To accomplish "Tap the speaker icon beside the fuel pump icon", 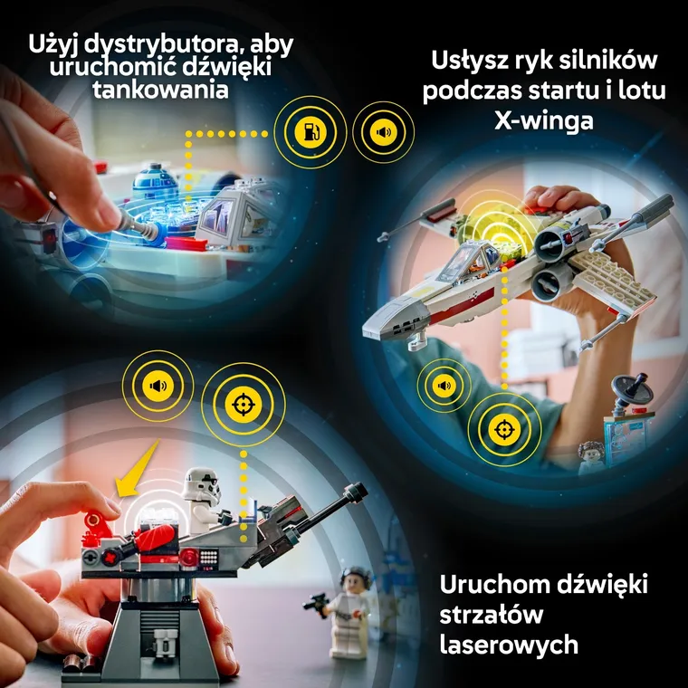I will point(384,132).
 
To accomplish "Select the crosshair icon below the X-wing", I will point(500,427).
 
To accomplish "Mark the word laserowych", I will point(508,644).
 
